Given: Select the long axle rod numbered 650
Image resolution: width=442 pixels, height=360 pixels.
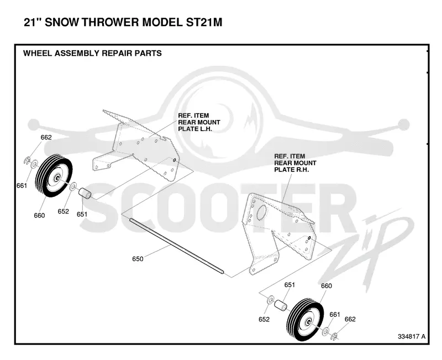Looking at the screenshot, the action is tap(176, 246).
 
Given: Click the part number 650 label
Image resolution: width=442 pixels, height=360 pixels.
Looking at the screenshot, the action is tap(138, 259).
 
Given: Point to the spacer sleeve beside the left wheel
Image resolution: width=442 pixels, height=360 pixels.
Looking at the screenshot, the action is tap(84, 194).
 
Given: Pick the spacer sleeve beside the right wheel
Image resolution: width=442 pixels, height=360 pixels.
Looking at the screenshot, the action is tap(281, 306).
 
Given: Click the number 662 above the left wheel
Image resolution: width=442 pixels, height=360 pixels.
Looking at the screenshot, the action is tap(46, 137).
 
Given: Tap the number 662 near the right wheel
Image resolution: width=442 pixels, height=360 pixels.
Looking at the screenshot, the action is tap(350, 319).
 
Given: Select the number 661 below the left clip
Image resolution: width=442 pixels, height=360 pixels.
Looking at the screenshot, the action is tap(22, 186).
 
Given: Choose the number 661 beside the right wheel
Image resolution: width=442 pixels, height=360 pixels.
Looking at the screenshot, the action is tap(335, 314).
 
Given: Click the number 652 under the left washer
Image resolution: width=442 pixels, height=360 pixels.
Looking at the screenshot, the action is tap(63, 211).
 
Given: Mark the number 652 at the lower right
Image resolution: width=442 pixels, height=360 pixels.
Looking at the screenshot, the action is tap(264, 320).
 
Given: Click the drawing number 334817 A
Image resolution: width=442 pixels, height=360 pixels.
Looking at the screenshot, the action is tap(412, 336).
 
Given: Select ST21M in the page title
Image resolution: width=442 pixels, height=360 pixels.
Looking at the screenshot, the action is tap(204, 22).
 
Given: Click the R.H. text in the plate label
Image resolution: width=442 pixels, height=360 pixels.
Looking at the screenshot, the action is tap(302, 170).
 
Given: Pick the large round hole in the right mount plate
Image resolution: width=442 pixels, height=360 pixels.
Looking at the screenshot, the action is tap(262, 212).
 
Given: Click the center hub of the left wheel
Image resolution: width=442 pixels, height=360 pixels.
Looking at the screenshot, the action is tap(57, 178).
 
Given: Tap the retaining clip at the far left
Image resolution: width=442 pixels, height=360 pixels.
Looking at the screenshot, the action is tap(27, 161).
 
